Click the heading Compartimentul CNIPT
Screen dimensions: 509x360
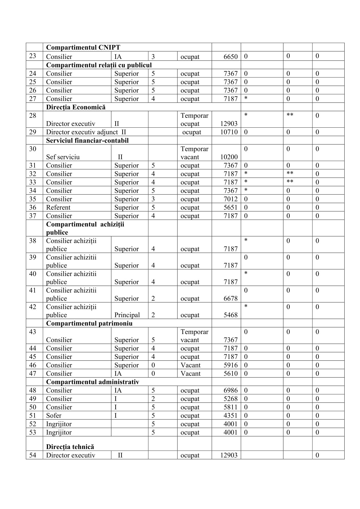(83, 47)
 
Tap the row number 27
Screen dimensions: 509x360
(33, 99)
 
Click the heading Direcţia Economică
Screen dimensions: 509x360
(76, 107)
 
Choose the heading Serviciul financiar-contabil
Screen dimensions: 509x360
(87, 140)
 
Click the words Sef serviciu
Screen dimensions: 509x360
(63, 157)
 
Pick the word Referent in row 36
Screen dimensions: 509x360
(58, 207)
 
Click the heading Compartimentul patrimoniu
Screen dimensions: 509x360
(89, 323)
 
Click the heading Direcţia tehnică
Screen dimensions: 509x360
(70, 447)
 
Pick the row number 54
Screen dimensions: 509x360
(33, 455)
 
